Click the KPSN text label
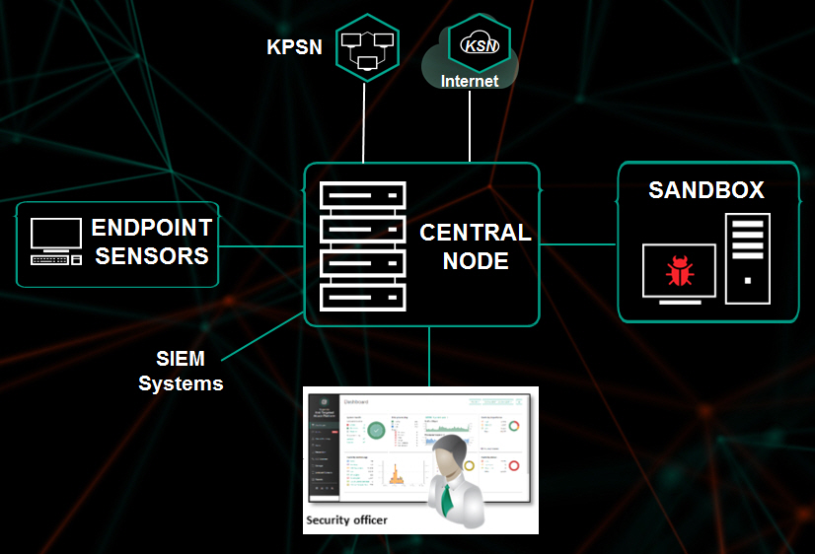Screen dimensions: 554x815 pos(294,46)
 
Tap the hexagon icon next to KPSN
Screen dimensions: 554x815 pos(365,46)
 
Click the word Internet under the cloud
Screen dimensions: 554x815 pos(470,81)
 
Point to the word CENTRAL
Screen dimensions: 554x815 pos(476,233)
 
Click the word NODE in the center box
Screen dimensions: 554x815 pos(476,261)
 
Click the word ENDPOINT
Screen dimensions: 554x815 pos(152,229)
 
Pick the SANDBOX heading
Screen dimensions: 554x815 pos(706,190)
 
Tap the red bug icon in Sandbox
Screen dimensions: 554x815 pos(680,270)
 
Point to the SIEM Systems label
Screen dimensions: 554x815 pos(181,371)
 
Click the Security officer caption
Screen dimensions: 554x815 pos(346,519)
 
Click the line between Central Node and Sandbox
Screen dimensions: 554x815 pos(578,243)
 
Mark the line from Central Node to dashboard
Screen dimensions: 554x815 pos(429,356)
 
